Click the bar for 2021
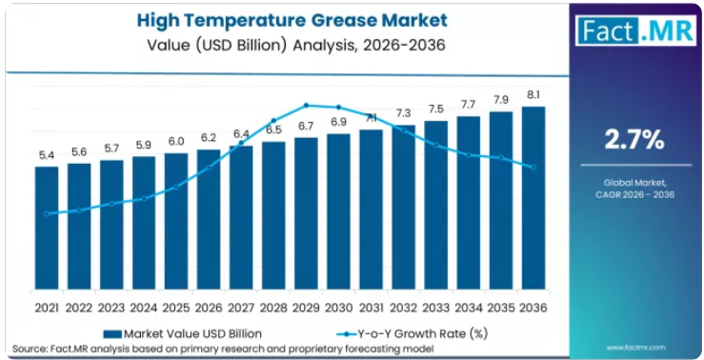pos(47,228)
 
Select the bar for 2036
pos(533,198)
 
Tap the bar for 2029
pos(306,213)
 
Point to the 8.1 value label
pos(533,95)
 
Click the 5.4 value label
pos(47,156)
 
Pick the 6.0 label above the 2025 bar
pos(176,141)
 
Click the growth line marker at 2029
pos(306,106)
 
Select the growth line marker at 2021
pos(47,213)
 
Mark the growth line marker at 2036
pos(533,168)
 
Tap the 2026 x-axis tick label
pos(209,309)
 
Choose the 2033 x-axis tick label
pos(436,309)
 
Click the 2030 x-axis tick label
pos(338,309)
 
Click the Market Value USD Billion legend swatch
pos(112,334)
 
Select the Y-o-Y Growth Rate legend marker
pos(346,334)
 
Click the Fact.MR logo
pos(635,30)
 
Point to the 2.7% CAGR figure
pos(634,141)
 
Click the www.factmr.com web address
pos(635,347)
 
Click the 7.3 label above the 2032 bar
pos(404,113)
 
